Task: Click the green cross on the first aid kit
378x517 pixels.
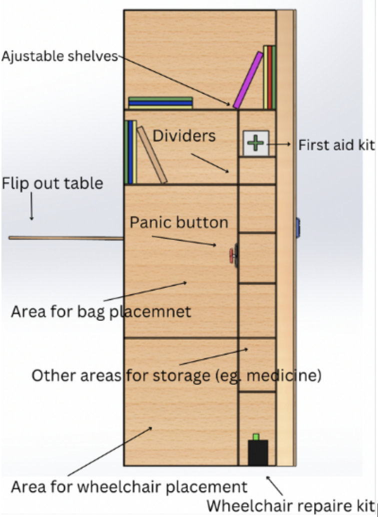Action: [256, 143]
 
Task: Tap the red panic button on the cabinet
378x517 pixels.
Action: [231, 255]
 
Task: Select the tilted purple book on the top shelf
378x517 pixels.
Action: [248, 80]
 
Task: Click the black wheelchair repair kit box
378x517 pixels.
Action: [258, 452]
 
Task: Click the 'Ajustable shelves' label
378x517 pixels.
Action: [59, 56]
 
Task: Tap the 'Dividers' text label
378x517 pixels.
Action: [184, 135]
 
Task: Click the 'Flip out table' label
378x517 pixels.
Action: [52, 183]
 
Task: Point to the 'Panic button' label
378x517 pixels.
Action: [179, 222]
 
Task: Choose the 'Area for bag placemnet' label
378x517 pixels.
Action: [101, 311]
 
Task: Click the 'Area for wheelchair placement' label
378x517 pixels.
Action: [129, 486]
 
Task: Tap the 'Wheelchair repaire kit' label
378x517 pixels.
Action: [291, 505]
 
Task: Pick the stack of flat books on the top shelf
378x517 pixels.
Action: [160, 103]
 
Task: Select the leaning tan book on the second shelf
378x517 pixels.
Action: [152, 154]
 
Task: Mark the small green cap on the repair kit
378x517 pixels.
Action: [256, 437]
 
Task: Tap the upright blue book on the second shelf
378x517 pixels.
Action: [129, 152]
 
